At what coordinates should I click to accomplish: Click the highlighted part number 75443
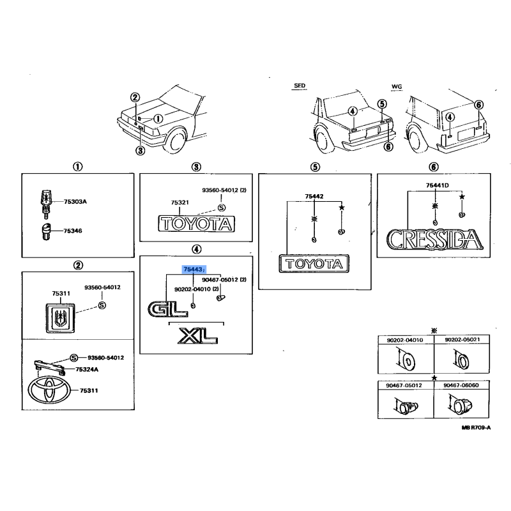coord(194,270)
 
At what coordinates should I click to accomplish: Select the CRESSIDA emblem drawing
coord(435,240)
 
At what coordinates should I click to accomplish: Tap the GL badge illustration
coord(167,309)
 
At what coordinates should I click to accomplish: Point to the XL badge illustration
coord(197,336)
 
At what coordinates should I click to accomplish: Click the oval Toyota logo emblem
coord(49,390)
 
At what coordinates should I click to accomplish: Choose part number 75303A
coord(75,202)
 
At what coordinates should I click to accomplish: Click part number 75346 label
coord(73,231)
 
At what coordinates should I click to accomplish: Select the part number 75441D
coord(438,185)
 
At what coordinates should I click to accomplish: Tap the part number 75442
coord(314,196)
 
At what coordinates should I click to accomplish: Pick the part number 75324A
coord(87,369)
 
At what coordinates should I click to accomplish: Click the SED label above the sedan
coord(300,86)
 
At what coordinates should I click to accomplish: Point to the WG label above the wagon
coord(397,87)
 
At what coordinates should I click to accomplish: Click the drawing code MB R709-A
coord(476,427)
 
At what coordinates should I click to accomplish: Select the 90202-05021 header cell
coord(462,340)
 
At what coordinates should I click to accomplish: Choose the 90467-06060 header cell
coord(461,385)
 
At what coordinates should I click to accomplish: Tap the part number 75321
coord(180,202)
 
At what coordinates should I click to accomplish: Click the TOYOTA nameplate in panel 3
coord(197,224)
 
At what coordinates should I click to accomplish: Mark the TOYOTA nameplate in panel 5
coord(314,264)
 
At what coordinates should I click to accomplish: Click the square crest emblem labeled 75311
coord(60,318)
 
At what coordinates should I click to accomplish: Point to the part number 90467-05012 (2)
coord(224,280)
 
